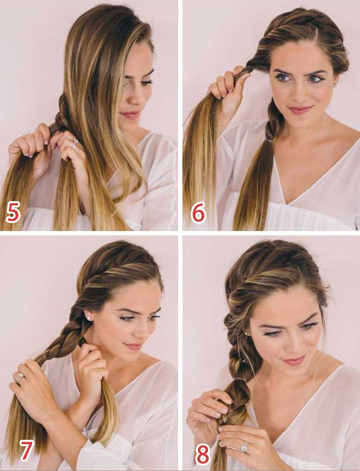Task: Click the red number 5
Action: point(13,212)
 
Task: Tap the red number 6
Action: point(199,212)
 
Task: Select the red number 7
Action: point(26,451)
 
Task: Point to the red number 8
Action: point(202,454)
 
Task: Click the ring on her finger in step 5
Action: point(75,144)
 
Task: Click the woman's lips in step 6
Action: point(300,109)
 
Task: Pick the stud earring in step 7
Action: point(89,317)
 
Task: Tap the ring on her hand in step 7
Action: point(20,377)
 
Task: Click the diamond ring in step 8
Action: point(243,447)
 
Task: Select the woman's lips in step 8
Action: point(294,360)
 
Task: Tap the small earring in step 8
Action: point(247,333)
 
